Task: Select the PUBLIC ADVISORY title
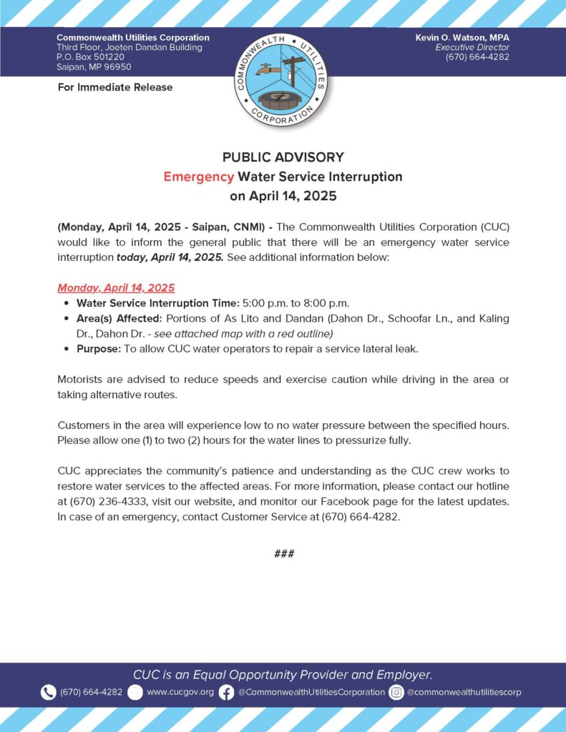283,157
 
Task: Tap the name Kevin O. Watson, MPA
462,37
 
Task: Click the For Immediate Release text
114,87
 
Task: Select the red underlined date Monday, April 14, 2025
116,288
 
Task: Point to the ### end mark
283,554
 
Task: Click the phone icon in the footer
48,692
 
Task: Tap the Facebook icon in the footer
226,692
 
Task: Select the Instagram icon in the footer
396,692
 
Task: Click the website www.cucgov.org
180,692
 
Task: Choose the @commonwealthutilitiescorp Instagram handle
464,692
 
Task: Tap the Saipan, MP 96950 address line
94,67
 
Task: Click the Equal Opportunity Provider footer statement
283,674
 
